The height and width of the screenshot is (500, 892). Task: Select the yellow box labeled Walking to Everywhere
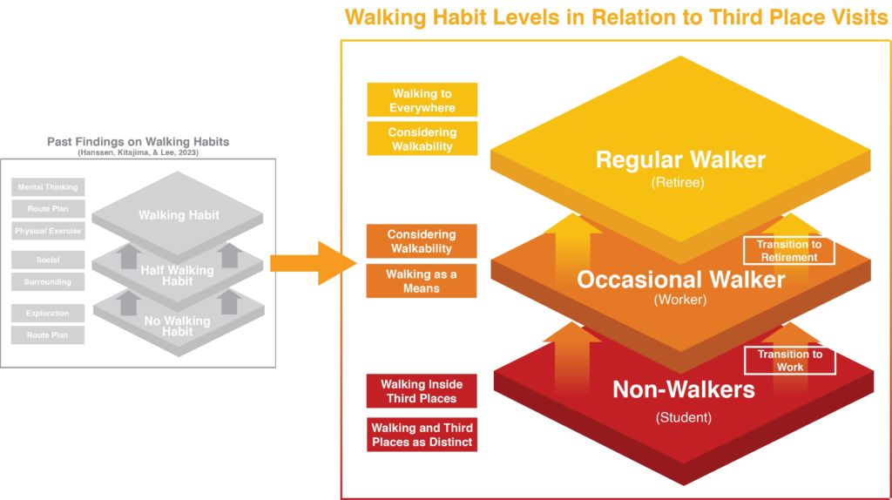tap(422, 100)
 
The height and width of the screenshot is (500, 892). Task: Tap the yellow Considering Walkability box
tap(422, 139)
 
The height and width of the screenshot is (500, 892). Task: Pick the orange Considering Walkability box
tap(422, 241)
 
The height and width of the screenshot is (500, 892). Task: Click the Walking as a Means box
tap(422, 281)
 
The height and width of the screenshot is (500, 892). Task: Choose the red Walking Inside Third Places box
tap(422, 391)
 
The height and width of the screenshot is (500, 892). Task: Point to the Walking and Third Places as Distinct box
tap(422, 435)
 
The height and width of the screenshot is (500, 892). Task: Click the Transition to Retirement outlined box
tap(788, 251)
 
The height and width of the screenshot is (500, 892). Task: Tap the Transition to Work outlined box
tap(789, 361)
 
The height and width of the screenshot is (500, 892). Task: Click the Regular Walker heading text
tap(680, 159)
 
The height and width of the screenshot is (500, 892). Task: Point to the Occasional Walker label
tap(681, 280)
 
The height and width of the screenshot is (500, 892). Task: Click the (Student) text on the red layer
tap(683, 417)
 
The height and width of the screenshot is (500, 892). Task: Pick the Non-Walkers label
tap(684, 389)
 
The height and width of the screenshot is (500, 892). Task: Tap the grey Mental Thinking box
tap(48, 187)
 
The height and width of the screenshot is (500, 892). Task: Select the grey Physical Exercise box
tap(48, 231)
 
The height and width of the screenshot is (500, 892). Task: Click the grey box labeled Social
tap(48, 260)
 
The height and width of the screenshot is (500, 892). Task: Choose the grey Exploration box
tap(48, 313)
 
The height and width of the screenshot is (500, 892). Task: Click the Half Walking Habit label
tap(179, 275)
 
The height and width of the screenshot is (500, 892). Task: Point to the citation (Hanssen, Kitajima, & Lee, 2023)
tap(138, 152)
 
